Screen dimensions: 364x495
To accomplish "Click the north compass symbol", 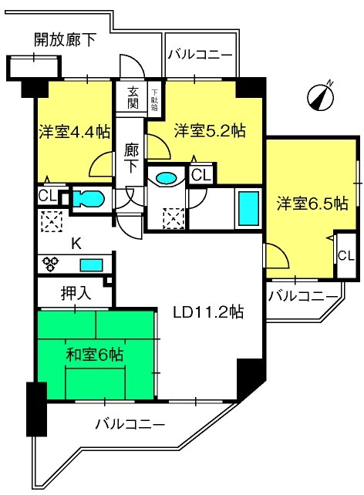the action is pos(321,97).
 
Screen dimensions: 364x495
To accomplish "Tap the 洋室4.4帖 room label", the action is pos(75,132).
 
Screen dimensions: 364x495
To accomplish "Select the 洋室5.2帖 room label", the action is pos(211,130).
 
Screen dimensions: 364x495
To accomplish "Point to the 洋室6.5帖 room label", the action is pos(312,203).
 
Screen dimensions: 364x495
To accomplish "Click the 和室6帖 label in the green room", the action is pos(94,355).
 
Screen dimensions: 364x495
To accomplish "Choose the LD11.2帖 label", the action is pos(208,312).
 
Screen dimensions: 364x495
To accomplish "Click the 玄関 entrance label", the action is pos(133,98).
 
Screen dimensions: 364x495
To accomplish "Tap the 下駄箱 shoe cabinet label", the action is pos(154,100).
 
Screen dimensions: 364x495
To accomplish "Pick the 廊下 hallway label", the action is pos(131,158).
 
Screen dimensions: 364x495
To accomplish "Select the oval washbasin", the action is pos(166,178).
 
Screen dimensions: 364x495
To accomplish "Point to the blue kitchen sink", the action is pos(91,265).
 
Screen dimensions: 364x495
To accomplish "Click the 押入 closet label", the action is pos(76,293).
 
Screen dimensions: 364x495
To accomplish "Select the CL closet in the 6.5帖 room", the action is pos(346,256).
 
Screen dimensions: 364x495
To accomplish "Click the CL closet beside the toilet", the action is pos(47,196).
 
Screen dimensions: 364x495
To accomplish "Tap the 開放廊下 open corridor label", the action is pos(65,40).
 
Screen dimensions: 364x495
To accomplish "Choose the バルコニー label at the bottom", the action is pos(130,424).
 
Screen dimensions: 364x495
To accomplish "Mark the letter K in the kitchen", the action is pos(76,244).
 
